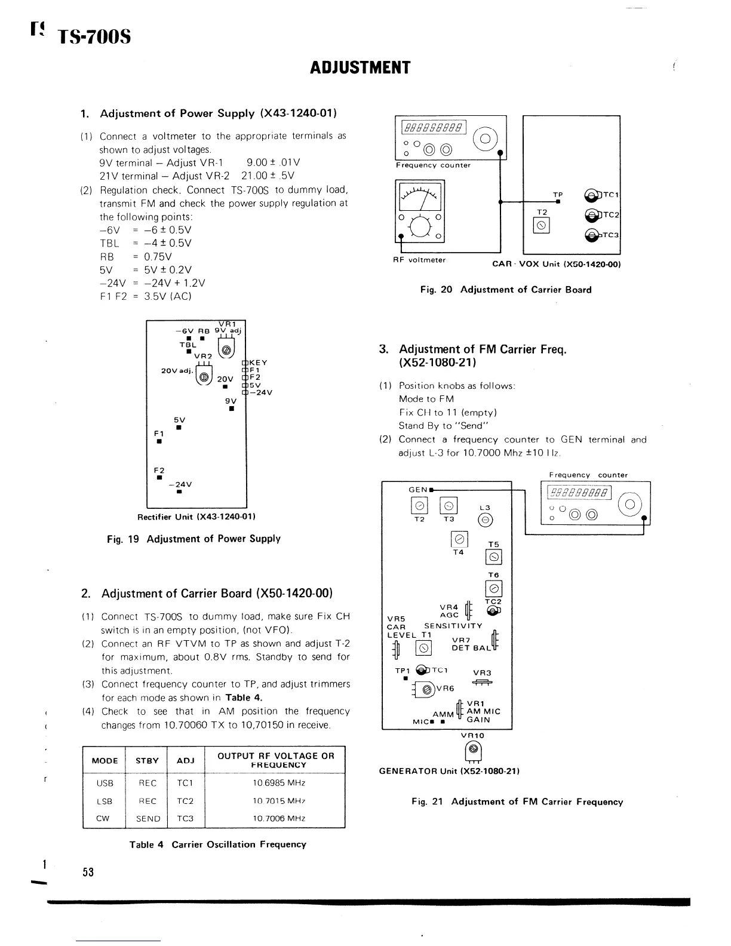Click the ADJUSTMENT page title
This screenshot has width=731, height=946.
pyautogui.click(x=360, y=67)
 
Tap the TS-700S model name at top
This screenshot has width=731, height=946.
pyautogui.click(x=94, y=38)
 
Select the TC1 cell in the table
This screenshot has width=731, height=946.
pyautogui.click(x=185, y=783)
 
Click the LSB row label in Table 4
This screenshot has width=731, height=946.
pyautogui.click(x=104, y=801)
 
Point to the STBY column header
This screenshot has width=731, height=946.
pyautogui.click(x=147, y=760)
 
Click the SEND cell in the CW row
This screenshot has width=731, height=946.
pyautogui.click(x=148, y=819)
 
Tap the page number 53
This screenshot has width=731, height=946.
pyautogui.click(x=88, y=872)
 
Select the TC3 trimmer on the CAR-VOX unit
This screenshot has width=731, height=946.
pyautogui.click(x=592, y=236)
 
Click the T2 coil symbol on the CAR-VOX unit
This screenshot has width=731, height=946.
pyautogui.click(x=542, y=225)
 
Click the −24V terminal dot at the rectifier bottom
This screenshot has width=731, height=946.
pyautogui.click(x=179, y=493)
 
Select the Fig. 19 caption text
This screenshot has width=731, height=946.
pyautogui.click(x=193, y=539)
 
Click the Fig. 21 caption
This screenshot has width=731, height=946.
pyautogui.click(x=517, y=801)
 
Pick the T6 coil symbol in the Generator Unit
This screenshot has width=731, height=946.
pyautogui.click(x=494, y=588)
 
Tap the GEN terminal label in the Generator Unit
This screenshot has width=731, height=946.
pyautogui.click(x=417, y=490)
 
